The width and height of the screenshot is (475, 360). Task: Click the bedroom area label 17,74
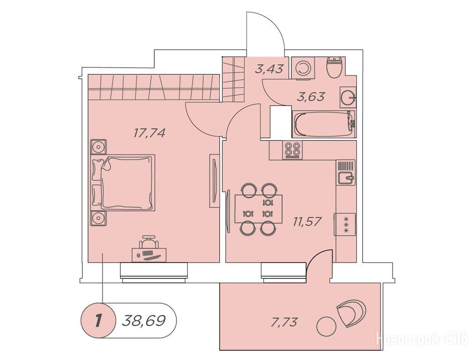(x=150, y=133)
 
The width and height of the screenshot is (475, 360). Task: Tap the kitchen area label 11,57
(x=307, y=221)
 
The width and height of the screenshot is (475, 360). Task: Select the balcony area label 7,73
(x=284, y=322)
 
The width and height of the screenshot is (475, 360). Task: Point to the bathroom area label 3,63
(x=311, y=97)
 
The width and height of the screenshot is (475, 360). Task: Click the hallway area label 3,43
(x=269, y=69)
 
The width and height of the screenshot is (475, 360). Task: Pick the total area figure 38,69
(x=144, y=320)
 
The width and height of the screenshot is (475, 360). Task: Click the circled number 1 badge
(x=98, y=320)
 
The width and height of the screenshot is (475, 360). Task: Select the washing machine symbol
(x=303, y=68)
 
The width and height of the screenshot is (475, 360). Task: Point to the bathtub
(x=324, y=124)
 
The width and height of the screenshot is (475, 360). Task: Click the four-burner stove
(x=293, y=150)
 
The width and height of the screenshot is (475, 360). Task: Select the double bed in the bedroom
(x=123, y=182)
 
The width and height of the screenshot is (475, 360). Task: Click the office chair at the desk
(x=149, y=242)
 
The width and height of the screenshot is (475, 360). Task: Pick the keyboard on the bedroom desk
(x=148, y=253)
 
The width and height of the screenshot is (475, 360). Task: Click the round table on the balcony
(x=326, y=326)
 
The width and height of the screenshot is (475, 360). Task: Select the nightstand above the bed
(x=98, y=147)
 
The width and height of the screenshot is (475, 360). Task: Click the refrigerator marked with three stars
(x=345, y=224)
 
